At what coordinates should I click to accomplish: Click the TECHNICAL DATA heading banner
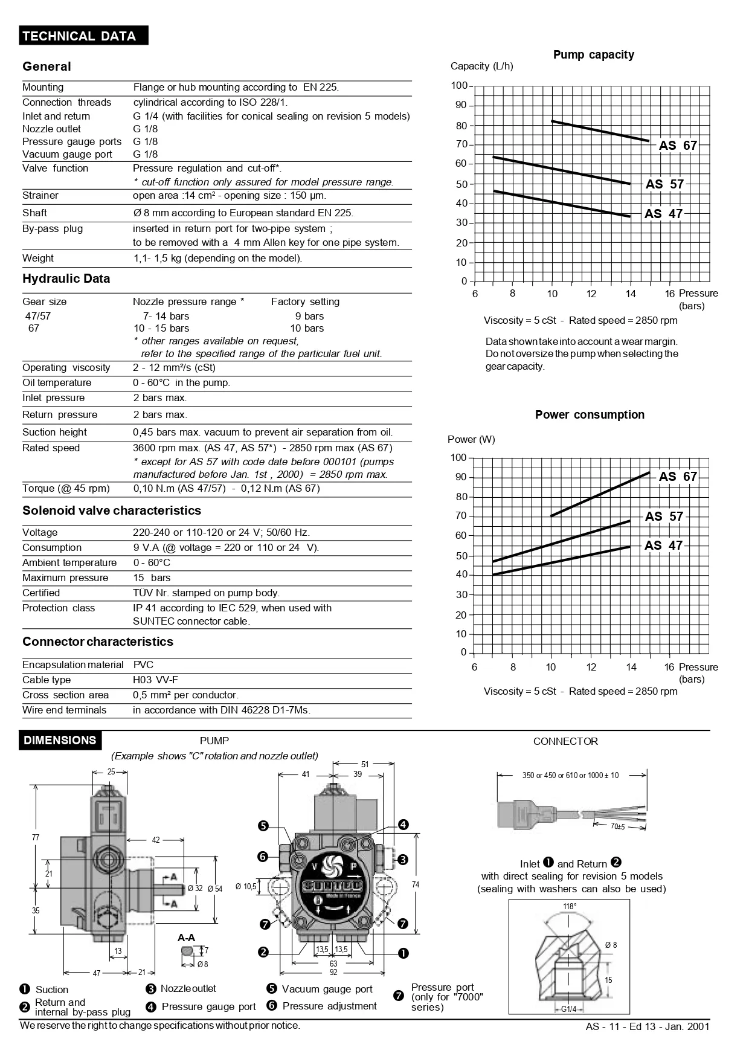coord(79,36)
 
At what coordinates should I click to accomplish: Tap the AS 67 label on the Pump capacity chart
coord(678,146)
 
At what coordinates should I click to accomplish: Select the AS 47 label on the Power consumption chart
coord(663,546)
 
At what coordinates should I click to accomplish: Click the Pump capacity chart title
coord(593,55)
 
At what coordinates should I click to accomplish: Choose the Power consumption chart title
coord(590,415)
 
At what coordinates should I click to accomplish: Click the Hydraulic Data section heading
coord(66,279)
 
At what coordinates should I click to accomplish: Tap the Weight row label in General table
coord(38,259)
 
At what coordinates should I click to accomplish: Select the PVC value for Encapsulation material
coord(143,665)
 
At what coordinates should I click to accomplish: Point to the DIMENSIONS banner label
coord(60,741)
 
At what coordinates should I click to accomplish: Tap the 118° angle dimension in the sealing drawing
coord(569,906)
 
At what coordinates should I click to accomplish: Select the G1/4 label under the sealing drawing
coord(568,1009)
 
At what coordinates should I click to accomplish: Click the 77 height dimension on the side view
coord(36,837)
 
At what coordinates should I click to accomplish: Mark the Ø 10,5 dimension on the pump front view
coord(246,886)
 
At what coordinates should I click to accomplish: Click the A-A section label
coord(186,938)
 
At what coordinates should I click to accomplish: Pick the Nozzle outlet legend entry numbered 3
coord(188,989)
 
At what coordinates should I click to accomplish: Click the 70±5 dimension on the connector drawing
coord(617,826)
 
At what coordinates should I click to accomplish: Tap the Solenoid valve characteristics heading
coord(112,511)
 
